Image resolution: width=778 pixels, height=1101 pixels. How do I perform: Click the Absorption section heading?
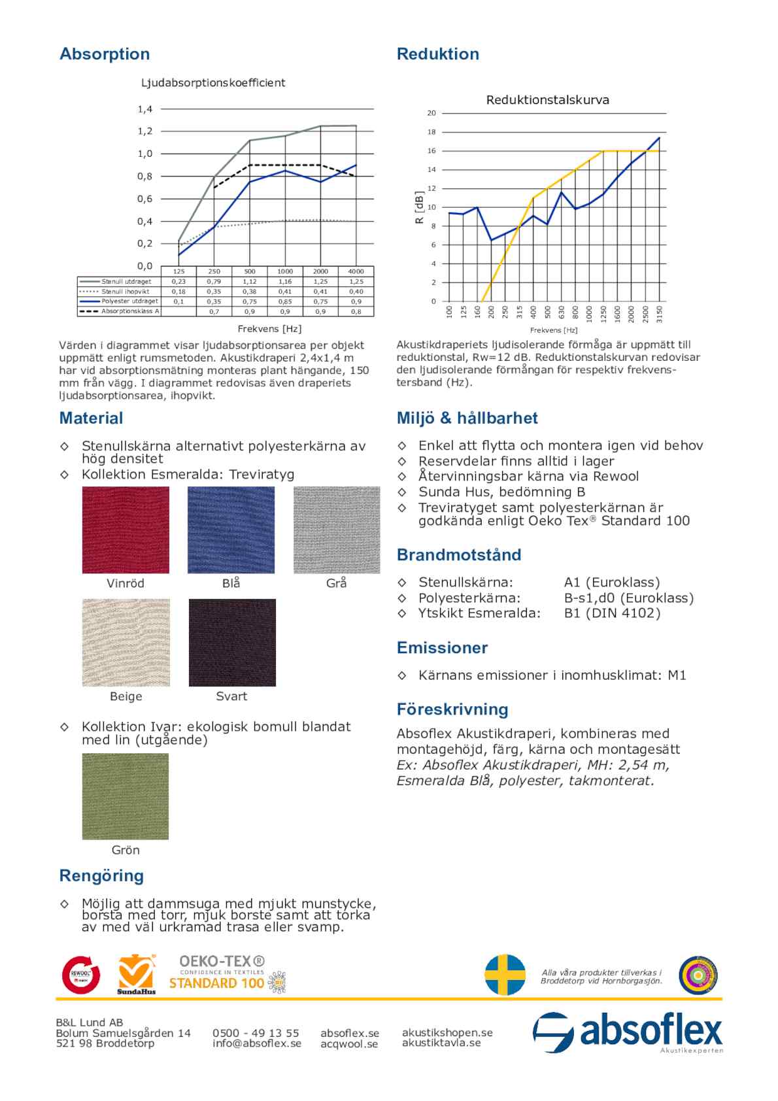point(105,54)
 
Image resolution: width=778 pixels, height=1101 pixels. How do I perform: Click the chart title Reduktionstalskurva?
point(547,100)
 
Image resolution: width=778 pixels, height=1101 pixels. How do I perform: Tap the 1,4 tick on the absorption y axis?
point(144,109)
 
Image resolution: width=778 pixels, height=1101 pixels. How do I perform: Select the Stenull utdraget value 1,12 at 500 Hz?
point(250,282)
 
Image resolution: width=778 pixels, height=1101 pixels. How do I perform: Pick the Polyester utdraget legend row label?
point(129,301)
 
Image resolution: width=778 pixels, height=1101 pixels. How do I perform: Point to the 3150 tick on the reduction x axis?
point(659,312)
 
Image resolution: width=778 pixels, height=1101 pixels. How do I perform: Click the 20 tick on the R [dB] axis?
point(431,113)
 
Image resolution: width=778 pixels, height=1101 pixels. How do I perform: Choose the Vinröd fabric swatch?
point(126,530)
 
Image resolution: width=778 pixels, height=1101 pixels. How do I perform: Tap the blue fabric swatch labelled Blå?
point(231,530)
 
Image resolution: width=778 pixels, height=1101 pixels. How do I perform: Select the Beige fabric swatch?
point(126,643)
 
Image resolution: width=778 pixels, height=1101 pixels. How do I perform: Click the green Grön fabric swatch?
point(126,796)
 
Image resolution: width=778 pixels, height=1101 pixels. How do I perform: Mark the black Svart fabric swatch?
point(232,643)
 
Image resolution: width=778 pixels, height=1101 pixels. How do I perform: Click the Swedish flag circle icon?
point(505,975)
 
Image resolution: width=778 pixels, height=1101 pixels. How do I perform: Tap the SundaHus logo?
point(137,975)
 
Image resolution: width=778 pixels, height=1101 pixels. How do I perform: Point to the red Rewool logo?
point(81,975)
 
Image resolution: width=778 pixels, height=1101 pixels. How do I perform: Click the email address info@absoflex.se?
point(257,1043)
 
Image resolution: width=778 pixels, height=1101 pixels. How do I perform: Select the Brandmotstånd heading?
point(459,555)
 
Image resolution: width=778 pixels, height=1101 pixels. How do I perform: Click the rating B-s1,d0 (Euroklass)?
point(629,598)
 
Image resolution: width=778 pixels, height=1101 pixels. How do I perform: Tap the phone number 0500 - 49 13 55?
point(256,1033)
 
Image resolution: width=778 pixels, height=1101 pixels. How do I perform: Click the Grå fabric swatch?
point(337,530)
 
